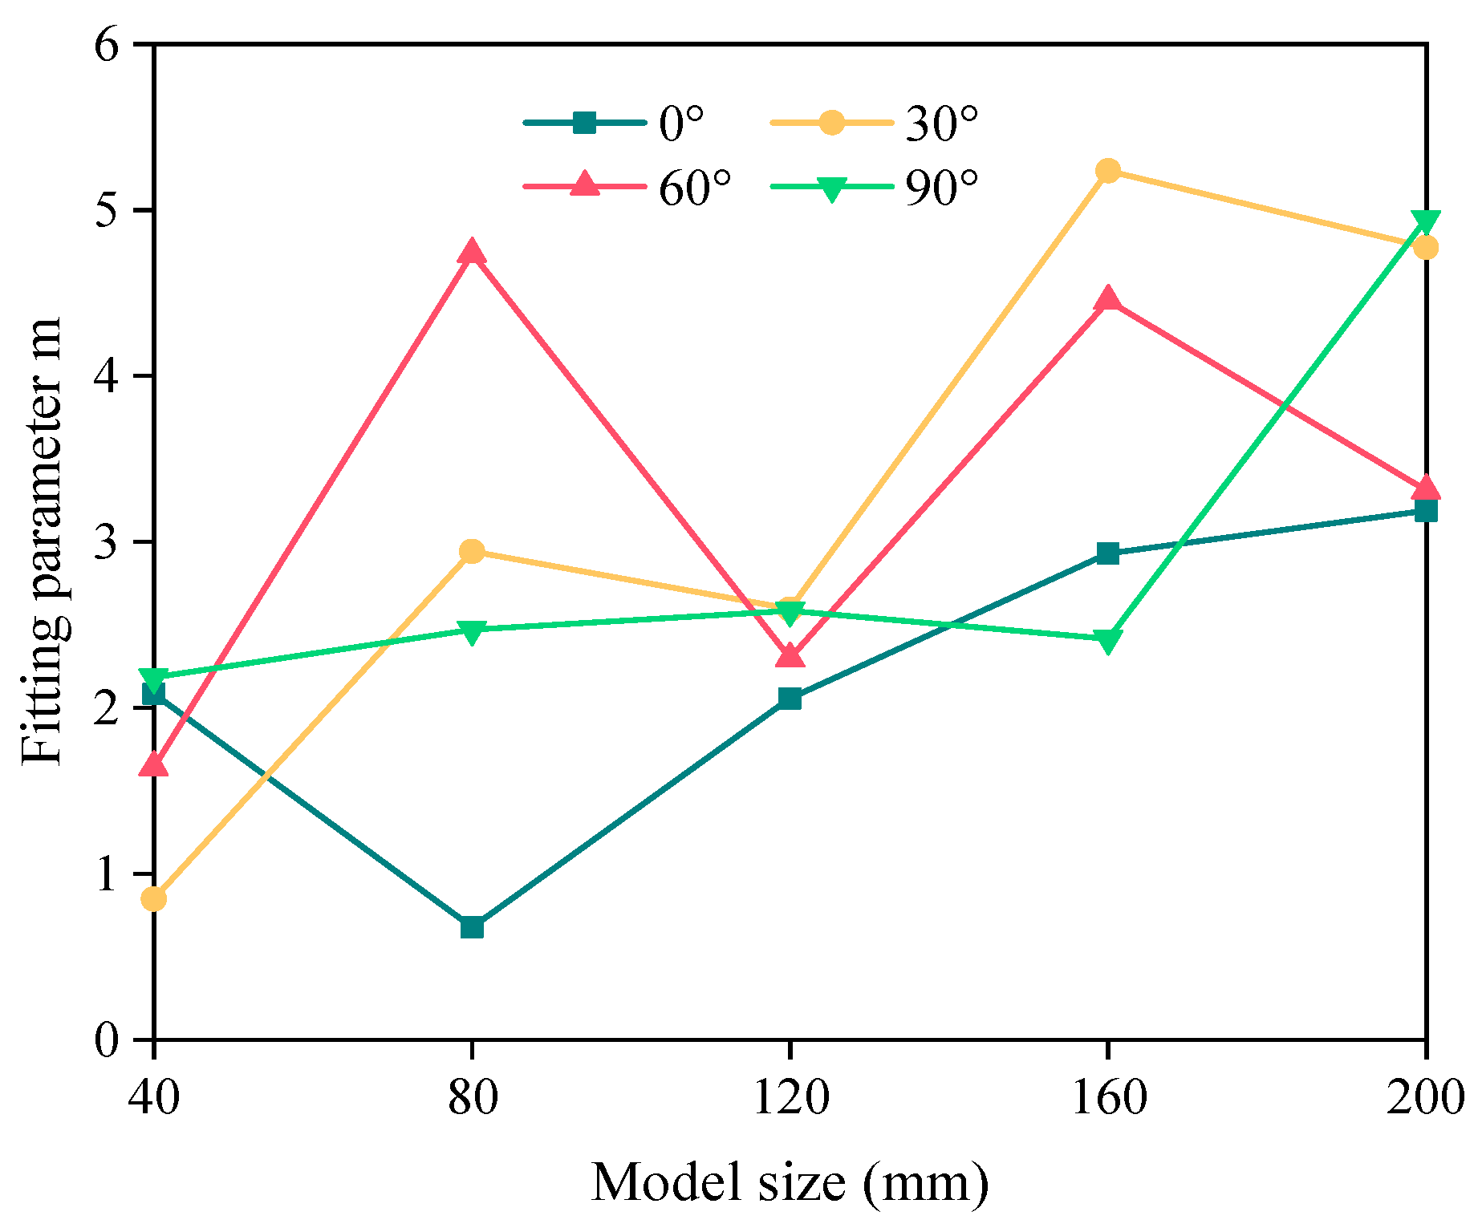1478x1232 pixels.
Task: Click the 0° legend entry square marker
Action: pyautogui.click(x=585, y=124)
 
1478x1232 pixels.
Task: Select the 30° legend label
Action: pyautogui.click(x=942, y=124)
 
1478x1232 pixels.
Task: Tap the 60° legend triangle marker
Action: pyautogui.click(x=585, y=184)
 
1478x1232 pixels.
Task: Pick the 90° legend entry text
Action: pyautogui.click(x=942, y=188)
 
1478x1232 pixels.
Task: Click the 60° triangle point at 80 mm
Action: pyautogui.click(x=472, y=253)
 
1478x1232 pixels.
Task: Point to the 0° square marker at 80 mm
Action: pyautogui.click(x=472, y=927)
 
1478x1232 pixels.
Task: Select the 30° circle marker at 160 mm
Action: pyautogui.click(x=1108, y=170)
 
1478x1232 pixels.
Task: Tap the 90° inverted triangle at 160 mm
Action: pyautogui.click(x=1108, y=641)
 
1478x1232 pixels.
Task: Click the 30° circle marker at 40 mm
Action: pyautogui.click(x=154, y=899)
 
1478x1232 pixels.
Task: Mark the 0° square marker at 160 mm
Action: pyautogui.click(x=1108, y=553)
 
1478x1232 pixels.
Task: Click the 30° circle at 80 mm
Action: pyautogui.click(x=472, y=551)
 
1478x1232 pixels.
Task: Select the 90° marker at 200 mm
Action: pyautogui.click(x=1425, y=221)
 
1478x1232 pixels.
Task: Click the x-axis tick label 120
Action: pyautogui.click(x=790, y=1096)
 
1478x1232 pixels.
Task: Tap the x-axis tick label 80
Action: pyautogui.click(x=472, y=1096)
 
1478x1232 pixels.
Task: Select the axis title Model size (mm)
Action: pyautogui.click(x=790, y=1182)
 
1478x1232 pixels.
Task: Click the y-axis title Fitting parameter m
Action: pyautogui.click(x=42, y=542)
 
